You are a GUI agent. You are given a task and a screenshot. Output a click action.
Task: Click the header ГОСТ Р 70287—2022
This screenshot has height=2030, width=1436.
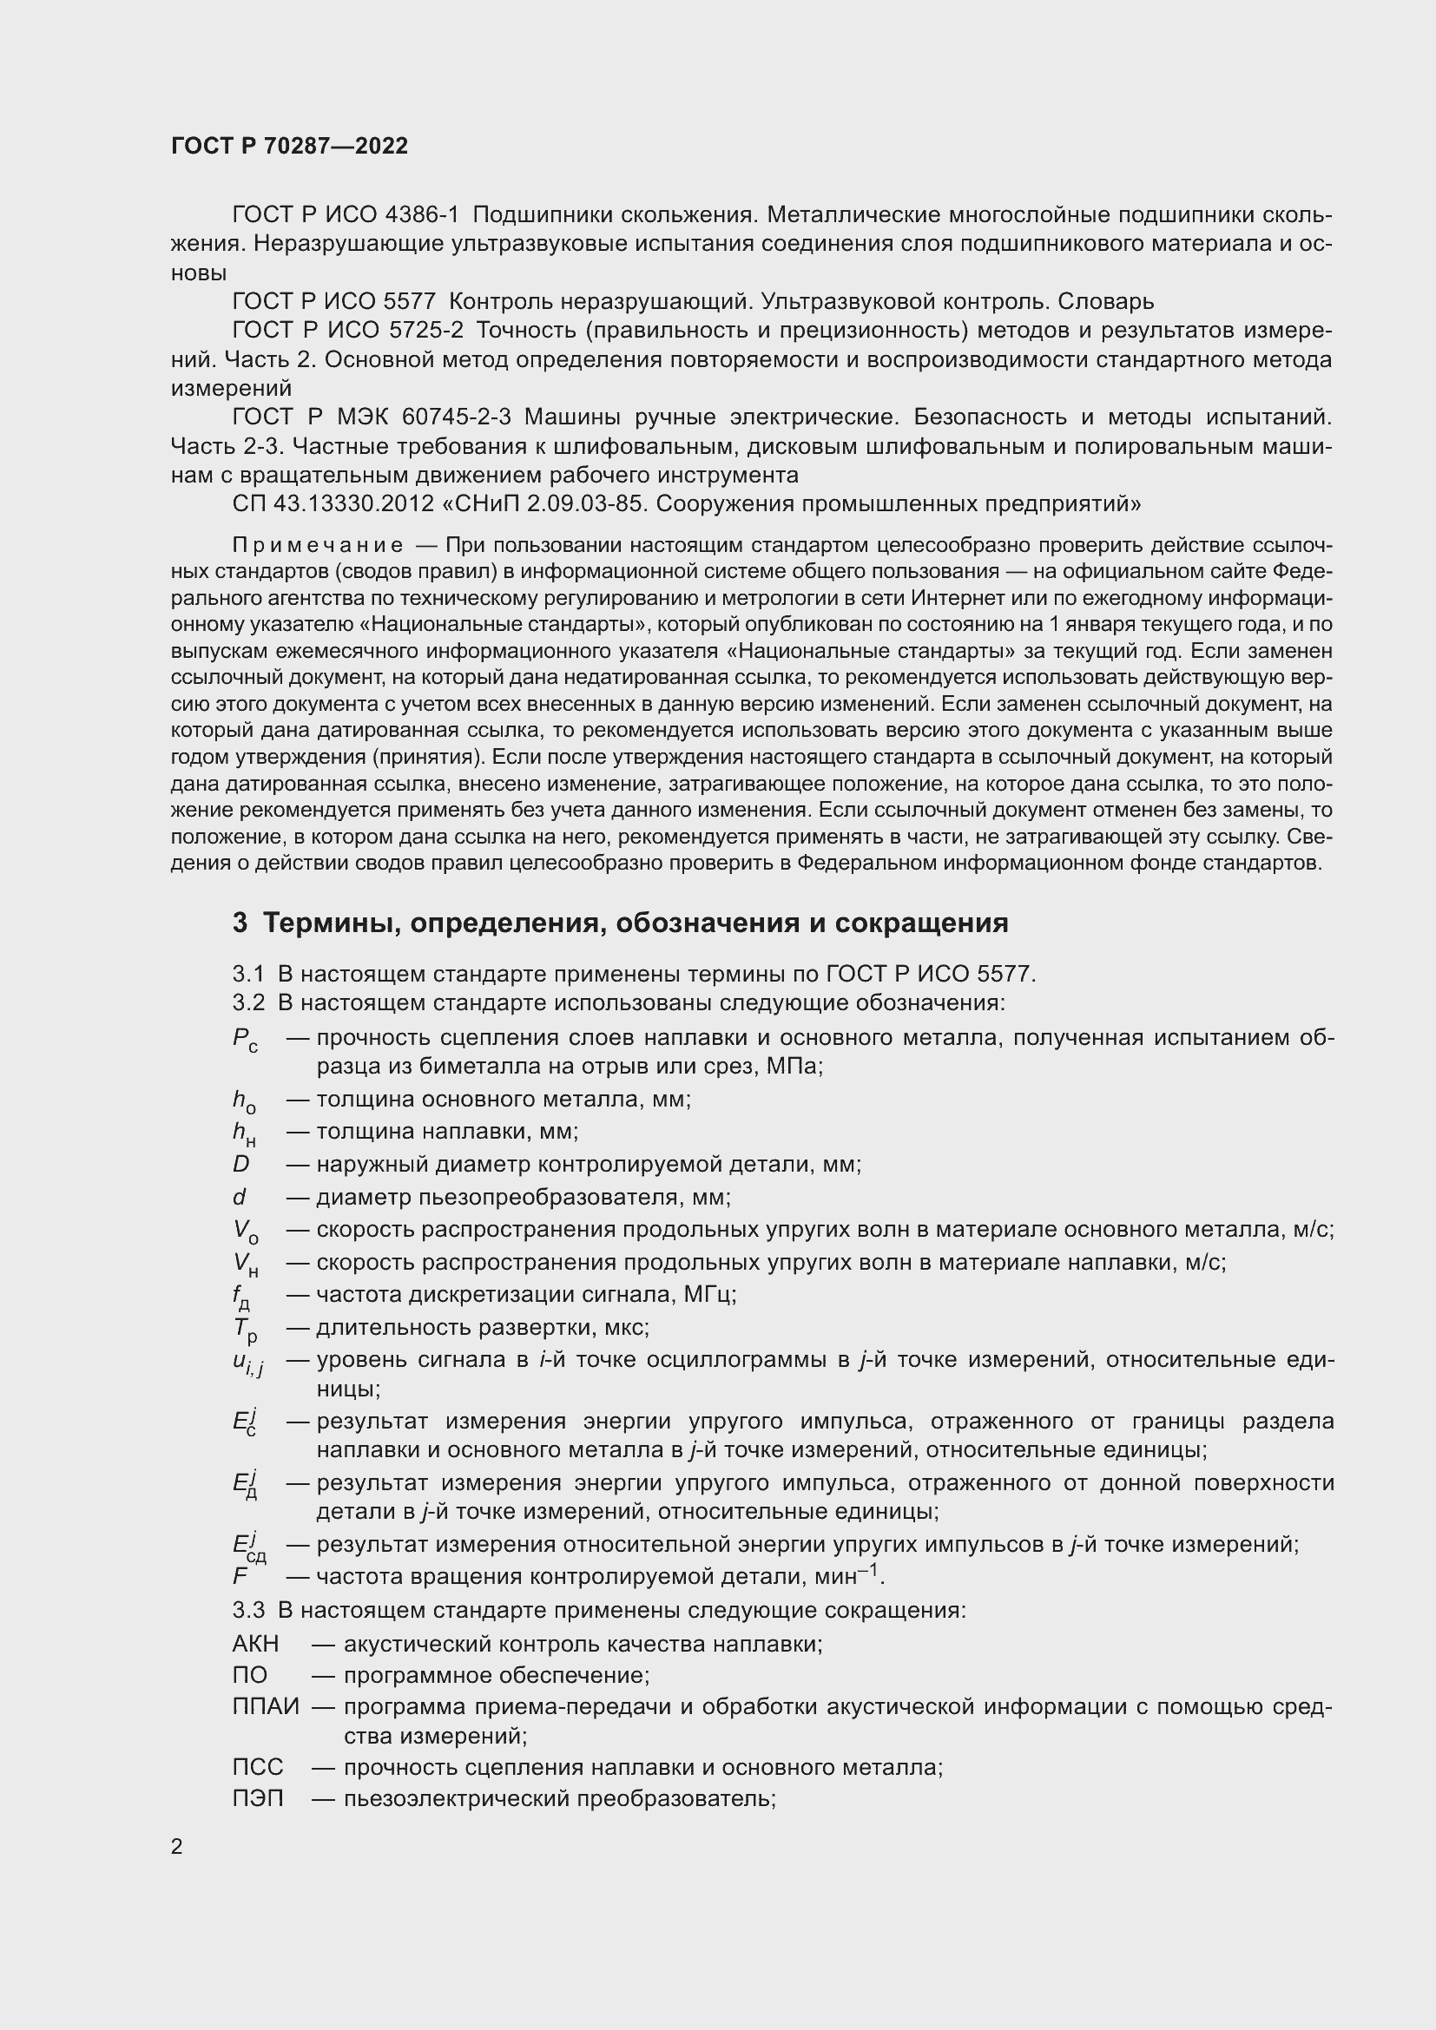coord(289,146)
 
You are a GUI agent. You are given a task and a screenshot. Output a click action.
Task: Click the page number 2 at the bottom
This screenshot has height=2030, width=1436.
coord(177,1846)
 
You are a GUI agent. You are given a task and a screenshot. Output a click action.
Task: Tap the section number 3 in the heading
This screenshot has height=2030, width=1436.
coord(240,923)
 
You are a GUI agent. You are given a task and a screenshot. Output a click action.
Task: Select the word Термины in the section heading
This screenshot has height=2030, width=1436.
coord(325,923)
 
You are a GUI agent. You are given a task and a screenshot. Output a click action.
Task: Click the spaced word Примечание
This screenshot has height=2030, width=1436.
coord(318,545)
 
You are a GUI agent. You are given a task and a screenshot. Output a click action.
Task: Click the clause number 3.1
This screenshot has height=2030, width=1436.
coord(248,975)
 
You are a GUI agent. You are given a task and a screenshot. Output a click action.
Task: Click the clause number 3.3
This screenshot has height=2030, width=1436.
coord(248,1610)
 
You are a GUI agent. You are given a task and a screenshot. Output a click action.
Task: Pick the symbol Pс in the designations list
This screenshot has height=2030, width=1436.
coord(245,1040)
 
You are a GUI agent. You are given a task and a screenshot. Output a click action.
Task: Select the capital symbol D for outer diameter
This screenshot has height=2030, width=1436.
coord(241,1165)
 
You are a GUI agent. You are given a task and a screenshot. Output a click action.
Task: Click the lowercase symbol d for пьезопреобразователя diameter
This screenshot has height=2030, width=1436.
coord(240,1197)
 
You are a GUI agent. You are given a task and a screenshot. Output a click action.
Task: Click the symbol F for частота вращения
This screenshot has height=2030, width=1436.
coord(240,1576)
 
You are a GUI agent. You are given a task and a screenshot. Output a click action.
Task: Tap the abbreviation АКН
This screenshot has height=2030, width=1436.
coord(255,1645)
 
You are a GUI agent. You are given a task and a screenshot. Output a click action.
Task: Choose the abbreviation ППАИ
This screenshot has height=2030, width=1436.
coord(266,1706)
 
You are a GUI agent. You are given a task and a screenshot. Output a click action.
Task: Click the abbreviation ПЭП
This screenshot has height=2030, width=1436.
coord(258,1798)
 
